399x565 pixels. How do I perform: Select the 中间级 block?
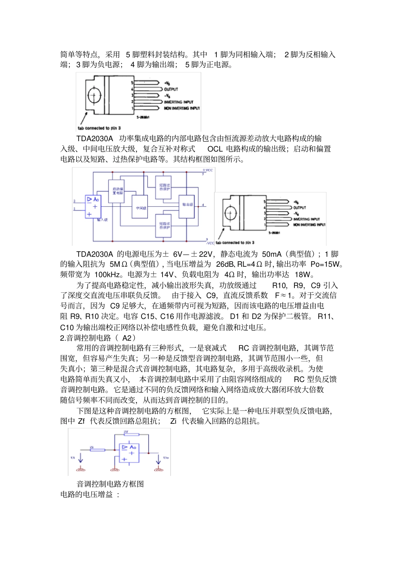click(140, 207)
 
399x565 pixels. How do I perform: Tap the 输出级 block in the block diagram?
click(187, 205)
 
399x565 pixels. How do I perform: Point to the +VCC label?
click(208, 170)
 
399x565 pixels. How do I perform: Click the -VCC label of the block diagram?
click(210, 243)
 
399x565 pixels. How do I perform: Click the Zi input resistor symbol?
click(97, 450)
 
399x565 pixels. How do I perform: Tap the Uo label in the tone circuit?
click(166, 457)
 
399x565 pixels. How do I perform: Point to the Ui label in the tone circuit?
click(73, 457)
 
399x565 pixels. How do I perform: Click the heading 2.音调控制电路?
click(97, 338)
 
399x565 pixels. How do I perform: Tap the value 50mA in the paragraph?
click(272, 254)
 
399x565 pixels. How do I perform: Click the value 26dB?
click(226, 264)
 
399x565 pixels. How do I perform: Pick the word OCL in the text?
click(215, 149)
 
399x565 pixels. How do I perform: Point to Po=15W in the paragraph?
click(325, 264)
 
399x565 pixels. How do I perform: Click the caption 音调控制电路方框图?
click(110, 484)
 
